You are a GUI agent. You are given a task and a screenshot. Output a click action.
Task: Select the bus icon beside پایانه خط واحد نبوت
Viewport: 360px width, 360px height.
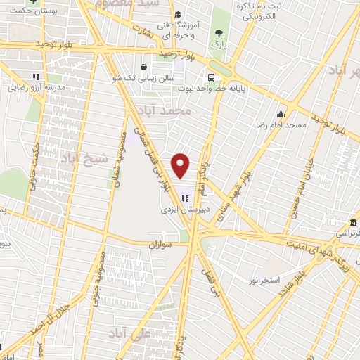click(x=210, y=78)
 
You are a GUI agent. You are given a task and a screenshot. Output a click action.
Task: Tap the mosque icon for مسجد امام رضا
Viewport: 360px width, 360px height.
click(x=281, y=114)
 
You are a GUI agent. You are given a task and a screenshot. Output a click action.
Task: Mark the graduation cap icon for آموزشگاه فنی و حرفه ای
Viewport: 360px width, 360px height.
click(x=177, y=15)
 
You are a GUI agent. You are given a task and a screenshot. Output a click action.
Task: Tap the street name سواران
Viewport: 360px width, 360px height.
click(x=160, y=244)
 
